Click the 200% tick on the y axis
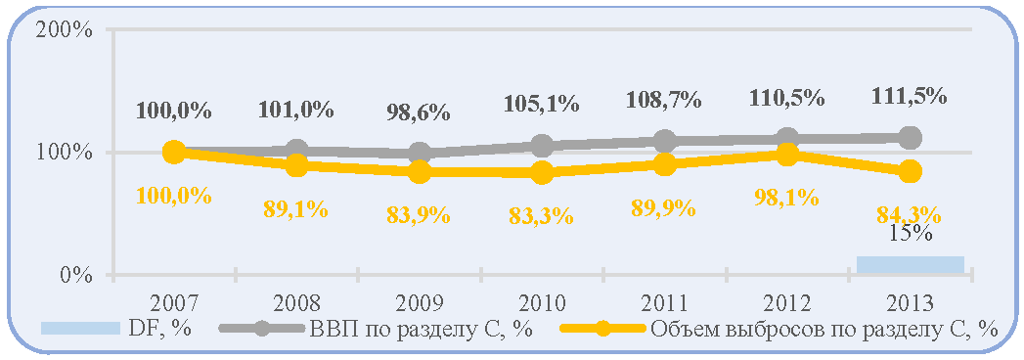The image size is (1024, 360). (x=65, y=31)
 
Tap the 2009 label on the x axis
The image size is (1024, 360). (x=420, y=304)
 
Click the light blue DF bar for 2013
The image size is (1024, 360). (x=911, y=265)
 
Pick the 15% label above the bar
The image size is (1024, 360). (x=911, y=234)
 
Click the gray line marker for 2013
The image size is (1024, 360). (x=911, y=138)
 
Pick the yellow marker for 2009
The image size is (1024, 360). (x=420, y=172)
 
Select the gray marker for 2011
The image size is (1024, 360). (x=665, y=141)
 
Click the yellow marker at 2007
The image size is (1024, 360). (x=174, y=153)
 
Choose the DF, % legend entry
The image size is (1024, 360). (x=115, y=328)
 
